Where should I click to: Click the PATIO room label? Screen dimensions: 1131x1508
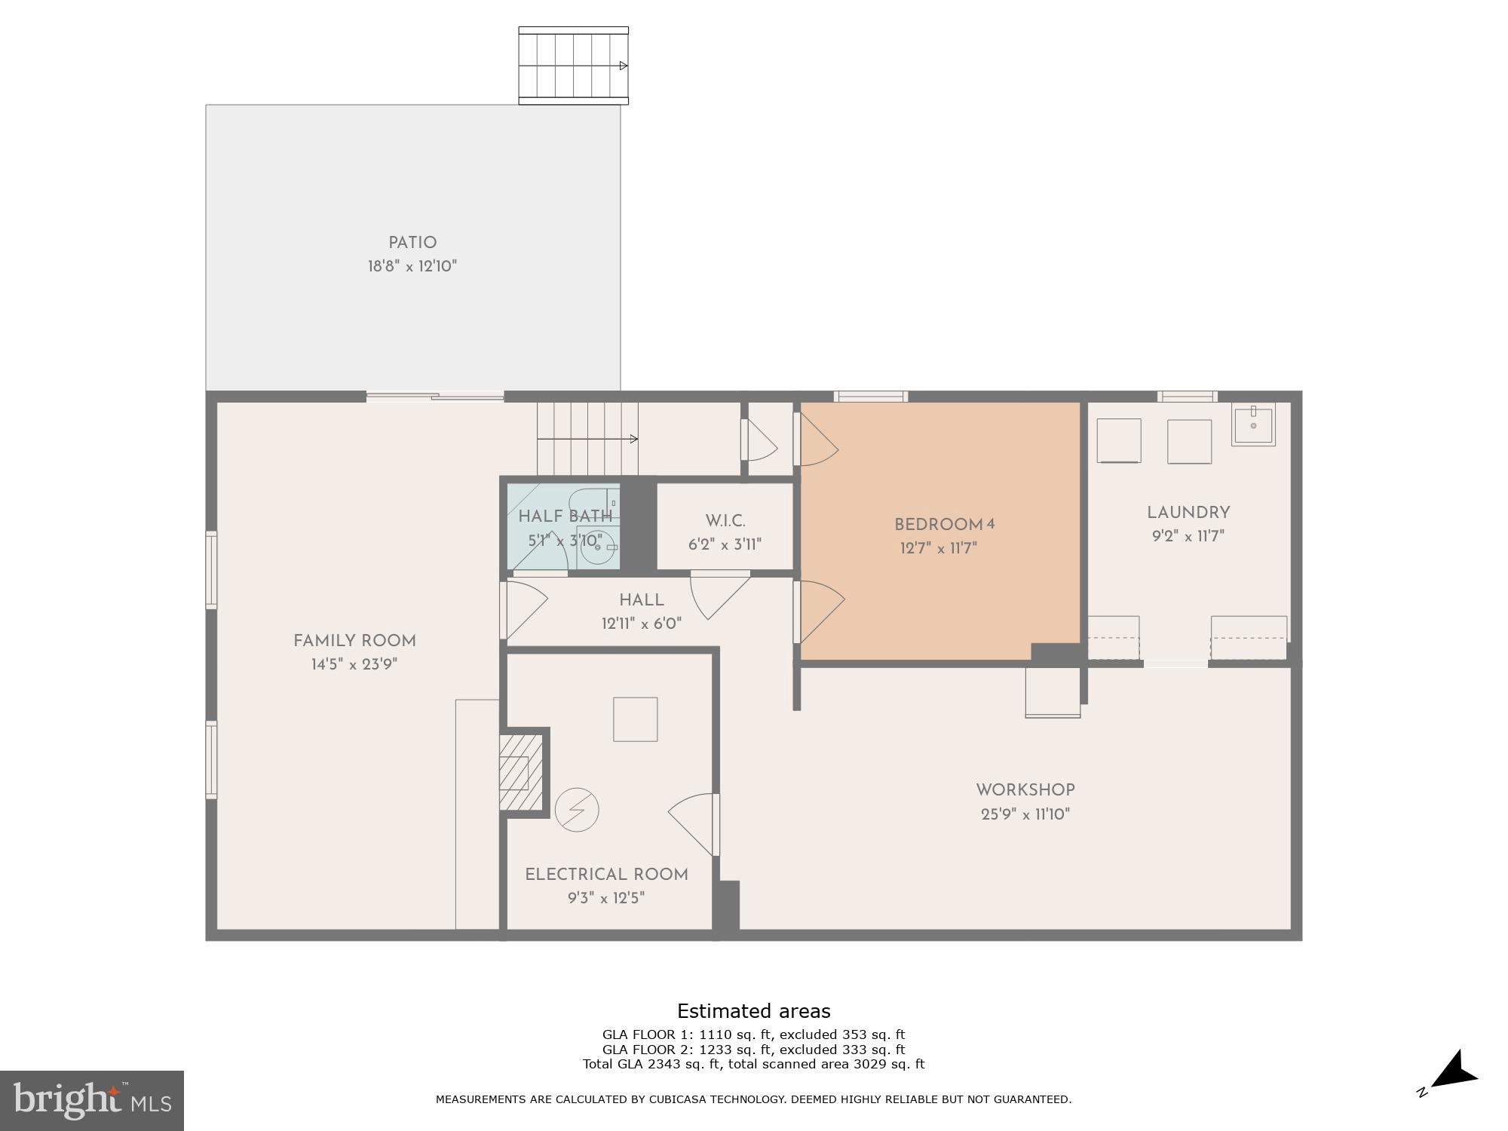tap(412, 243)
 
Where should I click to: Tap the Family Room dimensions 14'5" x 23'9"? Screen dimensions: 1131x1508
tap(354, 664)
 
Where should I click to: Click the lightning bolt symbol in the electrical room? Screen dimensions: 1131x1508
tap(577, 810)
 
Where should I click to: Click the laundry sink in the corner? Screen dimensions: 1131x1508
tap(1253, 426)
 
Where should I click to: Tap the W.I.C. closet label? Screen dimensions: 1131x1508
tap(725, 521)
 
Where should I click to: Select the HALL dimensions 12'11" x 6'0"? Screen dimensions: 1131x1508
tap(642, 624)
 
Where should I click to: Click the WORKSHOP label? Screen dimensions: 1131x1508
tap(1025, 790)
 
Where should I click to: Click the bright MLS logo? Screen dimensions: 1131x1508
tap(92, 1101)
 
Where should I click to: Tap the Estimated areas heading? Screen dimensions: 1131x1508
tap(753, 1011)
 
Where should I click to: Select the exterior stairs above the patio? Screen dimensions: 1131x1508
tap(573, 66)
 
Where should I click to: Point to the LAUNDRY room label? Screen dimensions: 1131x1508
tap(1188, 513)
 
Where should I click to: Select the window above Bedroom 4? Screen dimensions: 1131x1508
tap(870, 397)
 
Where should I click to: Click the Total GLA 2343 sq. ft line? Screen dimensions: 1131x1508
tap(753, 1064)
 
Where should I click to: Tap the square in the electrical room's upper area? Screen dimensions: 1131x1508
tap(635, 719)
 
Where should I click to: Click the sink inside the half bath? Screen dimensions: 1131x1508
tap(598, 546)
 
